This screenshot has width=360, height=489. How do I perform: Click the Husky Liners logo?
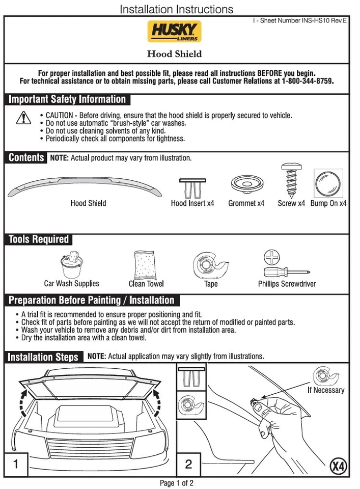click(x=175, y=32)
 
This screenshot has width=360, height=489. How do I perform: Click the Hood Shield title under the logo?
click(x=175, y=54)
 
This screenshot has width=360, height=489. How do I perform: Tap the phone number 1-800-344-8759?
click(x=304, y=81)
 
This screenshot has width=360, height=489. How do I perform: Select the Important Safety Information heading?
click(x=67, y=99)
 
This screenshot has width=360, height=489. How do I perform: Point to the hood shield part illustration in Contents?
click(x=85, y=185)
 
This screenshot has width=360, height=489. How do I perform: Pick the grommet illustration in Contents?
click(x=246, y=184)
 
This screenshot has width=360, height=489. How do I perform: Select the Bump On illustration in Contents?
click(x=328, y=184)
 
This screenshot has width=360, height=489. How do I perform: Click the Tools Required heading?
click(x=39, y=239)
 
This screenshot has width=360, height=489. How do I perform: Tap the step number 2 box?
click(x=188, y=464)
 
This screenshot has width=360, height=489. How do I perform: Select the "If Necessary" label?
click(x=325, y=390)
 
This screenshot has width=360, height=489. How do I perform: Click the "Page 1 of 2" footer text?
click(x=177, y=483)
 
